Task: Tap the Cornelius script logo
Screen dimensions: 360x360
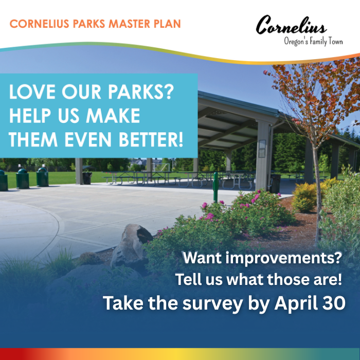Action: click(x=291, y=25)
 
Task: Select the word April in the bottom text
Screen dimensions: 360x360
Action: click(x=293, y=303)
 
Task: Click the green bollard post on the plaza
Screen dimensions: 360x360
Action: click(x=216, y=186)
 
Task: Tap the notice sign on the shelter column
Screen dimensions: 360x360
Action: click(x=262, y=148)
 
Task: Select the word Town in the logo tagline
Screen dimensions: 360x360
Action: click(x=333, y=41)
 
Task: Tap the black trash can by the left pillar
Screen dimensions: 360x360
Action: click(x=87, y=178)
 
